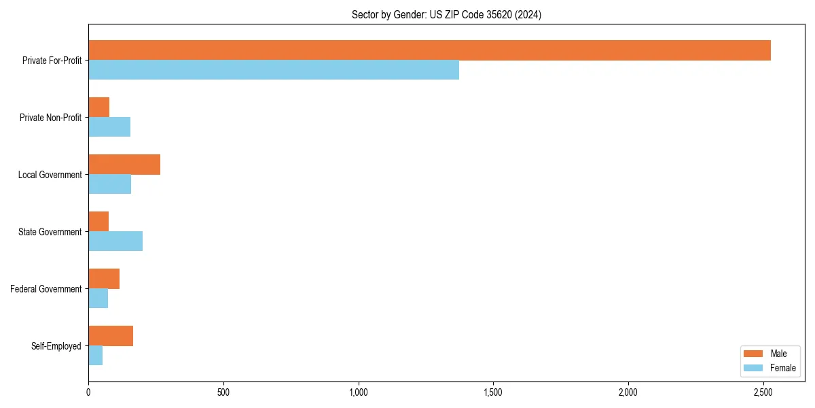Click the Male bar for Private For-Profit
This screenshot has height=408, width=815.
pyautogui.click(x=429, y=50)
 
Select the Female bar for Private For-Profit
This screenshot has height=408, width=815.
pyautogui.click(x=274, y=70)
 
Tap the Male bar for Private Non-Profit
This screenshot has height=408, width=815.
pyautogui.click(x=98, y=107)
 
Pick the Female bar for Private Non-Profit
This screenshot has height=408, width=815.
pyautogui.click(x=109, y=127)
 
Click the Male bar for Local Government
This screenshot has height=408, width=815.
pyautogui.click(x=124, y=165)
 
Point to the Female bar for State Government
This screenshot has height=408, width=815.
pyautogui.click(x=115, y=241)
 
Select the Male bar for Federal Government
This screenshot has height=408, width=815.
pyautogui.click(x=104, y=279)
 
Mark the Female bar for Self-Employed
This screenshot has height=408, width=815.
pyautogui.click(x=95, y=356)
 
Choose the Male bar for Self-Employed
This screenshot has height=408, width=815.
pyautogui.click(x=111, y=336)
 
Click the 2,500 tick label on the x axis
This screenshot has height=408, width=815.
pyautogui.click(x=763, y=392)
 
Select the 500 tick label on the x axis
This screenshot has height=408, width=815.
pyautogui.click(x=223, y=392)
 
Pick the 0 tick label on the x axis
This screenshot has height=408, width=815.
pyautogui.click(x=88, y=392)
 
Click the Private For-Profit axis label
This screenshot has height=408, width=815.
pyautogui.click(x=52, y=61)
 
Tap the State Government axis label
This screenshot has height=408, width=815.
pyautogui.click(x=50, y=232)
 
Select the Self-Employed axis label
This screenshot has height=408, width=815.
pyautogui.click(x=56, y=346)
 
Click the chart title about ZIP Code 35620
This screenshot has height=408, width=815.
pyautogui.click(x=446, y=14)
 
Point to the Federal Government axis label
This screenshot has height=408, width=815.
pyautogui.click(x=46, y=289)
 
